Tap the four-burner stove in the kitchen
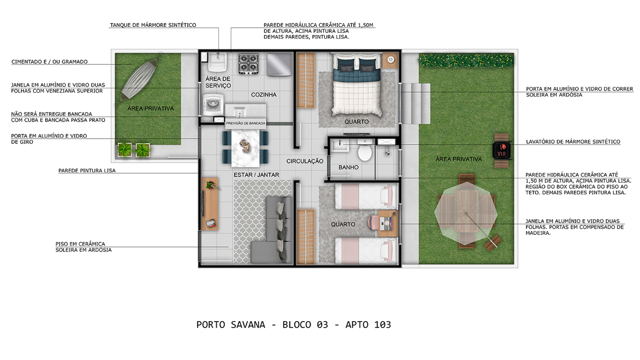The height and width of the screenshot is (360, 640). pos(248,64)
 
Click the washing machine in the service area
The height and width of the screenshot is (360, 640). pos(213,105)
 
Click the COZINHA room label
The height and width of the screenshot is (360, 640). pos(264,95)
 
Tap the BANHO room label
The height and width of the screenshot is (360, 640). pos(348,167)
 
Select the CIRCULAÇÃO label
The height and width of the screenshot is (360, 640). pos(305,161)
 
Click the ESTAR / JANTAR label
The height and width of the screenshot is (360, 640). pos(256,175)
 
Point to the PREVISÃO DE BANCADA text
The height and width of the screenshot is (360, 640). pos(246,123)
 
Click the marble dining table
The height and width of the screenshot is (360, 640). pos(246,148)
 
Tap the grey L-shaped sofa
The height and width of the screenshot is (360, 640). pos(271,230)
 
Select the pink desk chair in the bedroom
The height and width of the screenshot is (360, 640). pos(373,222)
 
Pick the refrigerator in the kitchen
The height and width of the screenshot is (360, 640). pos(279,65)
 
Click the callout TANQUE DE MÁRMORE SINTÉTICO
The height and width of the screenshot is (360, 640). pos(153,25)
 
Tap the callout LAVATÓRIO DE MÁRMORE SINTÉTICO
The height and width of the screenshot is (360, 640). pos(573,142)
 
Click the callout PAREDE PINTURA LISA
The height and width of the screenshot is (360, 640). pos(87,171)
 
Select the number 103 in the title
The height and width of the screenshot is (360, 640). pos(382,325)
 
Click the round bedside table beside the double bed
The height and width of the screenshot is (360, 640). pos(390,60)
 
